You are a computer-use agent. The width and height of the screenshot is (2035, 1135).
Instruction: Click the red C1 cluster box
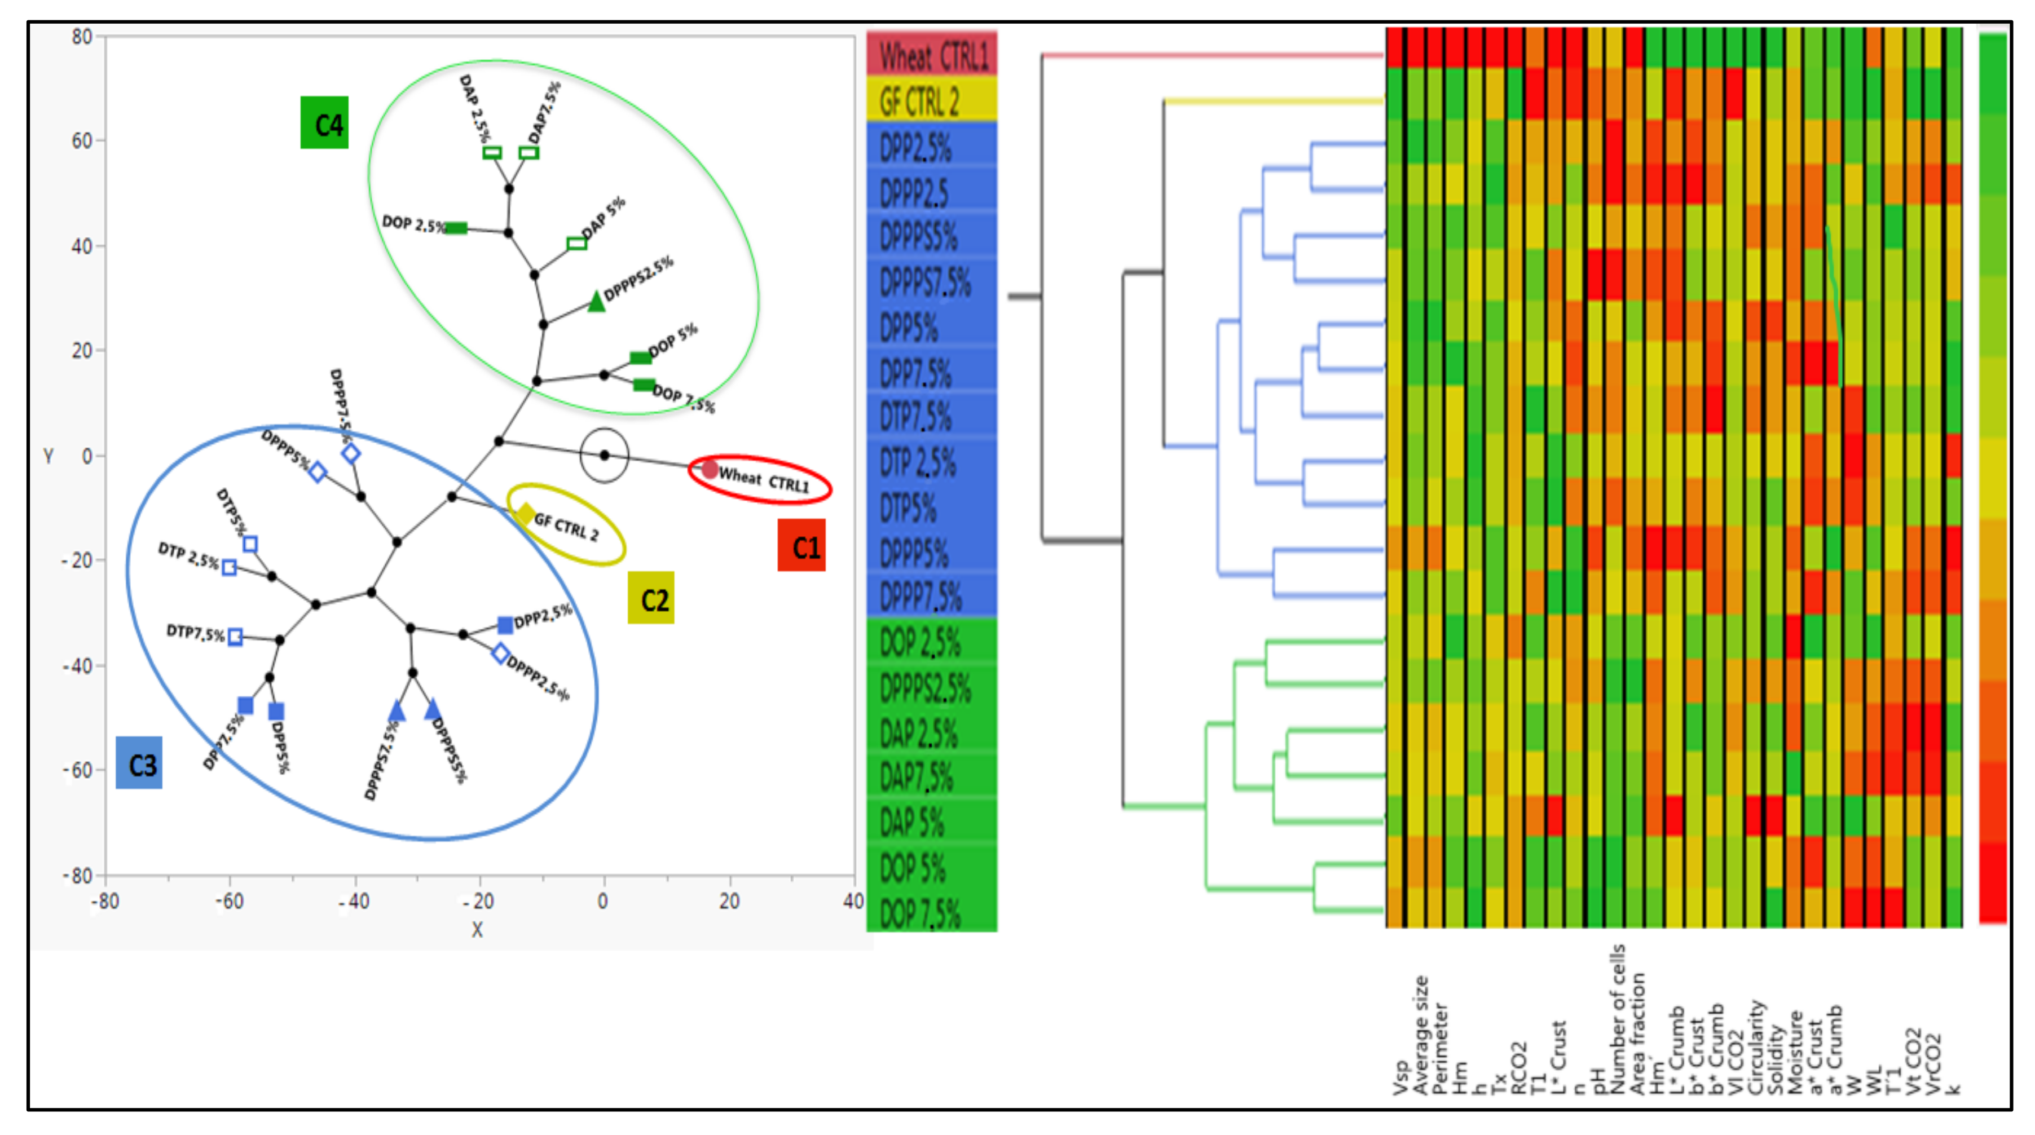point(801,545)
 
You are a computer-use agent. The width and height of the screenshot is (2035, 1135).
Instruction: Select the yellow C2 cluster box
point(651,598)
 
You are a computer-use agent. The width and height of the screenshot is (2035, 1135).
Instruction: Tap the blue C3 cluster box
point(139,763)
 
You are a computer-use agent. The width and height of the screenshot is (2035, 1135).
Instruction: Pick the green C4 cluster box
point(324,122)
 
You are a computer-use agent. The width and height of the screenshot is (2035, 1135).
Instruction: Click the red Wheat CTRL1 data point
point(710,469)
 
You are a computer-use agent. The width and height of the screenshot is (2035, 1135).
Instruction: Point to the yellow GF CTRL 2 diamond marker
point(525,514)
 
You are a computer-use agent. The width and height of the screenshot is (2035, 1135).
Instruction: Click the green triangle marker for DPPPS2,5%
point(596,301)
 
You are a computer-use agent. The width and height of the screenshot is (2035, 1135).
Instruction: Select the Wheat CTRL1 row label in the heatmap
point(932,55)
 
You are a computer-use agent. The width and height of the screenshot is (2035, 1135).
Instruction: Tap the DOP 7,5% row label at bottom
point(920,913)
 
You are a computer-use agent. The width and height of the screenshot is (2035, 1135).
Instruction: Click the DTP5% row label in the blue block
point(909,507)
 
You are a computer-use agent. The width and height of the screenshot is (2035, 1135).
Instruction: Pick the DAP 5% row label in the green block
point(913,822)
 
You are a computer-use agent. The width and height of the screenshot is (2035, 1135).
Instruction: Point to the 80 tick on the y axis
point(82,36)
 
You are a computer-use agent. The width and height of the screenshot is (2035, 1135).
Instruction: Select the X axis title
point(477,930)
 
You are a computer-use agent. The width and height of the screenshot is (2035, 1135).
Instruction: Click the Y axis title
point(48,456)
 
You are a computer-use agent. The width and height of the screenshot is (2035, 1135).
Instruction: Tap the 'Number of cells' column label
point(1617,1019)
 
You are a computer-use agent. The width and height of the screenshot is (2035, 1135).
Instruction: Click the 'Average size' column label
point(1420,1035)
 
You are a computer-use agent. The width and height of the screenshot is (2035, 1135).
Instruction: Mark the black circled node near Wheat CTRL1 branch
point(604,455)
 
